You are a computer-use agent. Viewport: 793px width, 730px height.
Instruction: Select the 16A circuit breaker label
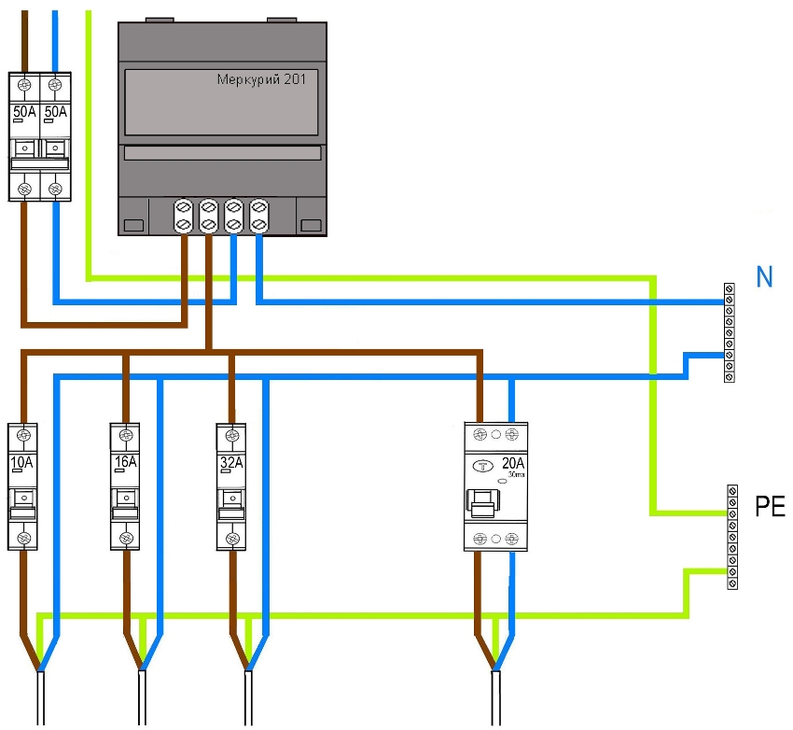click(x=125, y=462)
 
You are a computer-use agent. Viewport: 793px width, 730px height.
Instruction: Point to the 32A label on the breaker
click(x=231, y=462)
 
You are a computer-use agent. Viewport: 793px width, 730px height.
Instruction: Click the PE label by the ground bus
click(x=770, y=508)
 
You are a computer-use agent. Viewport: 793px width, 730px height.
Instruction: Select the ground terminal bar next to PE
click(x=732, y=537)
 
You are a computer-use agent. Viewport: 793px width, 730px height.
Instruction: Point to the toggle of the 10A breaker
click(x=22, y=505)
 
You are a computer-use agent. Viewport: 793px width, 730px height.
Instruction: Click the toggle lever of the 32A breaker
click(x=230, y=505)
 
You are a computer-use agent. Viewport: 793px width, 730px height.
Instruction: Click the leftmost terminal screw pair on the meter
click(x=184, y=216)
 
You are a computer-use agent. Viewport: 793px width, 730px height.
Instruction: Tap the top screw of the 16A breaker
click(x=125, y=435)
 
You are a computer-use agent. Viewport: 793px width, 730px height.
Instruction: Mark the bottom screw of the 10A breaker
click(x=22, y=537)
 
